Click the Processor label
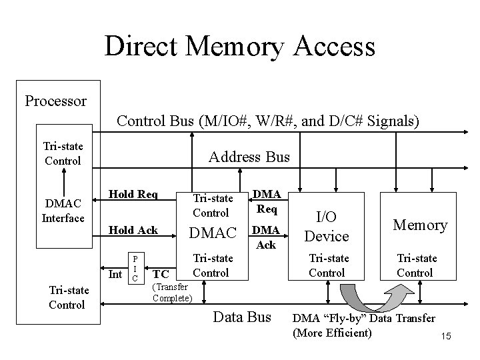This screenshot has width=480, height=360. point(55,101)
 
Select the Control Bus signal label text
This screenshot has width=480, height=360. point(268,121)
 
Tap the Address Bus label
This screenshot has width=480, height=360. point(249,157)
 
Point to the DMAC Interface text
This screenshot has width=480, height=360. point(63,211)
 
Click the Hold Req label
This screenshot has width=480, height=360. point(133,194)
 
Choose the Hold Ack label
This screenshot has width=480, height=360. point(133,230)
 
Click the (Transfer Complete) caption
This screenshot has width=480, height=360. point(173,293)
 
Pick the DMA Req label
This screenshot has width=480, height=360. point(268,200)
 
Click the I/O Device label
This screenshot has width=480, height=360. point(327,225)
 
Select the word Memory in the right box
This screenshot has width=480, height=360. point(420,225)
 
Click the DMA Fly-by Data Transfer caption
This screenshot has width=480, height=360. point(363,325)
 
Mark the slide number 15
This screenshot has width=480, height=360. point(445,338)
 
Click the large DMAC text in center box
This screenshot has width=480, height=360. point(213,233)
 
